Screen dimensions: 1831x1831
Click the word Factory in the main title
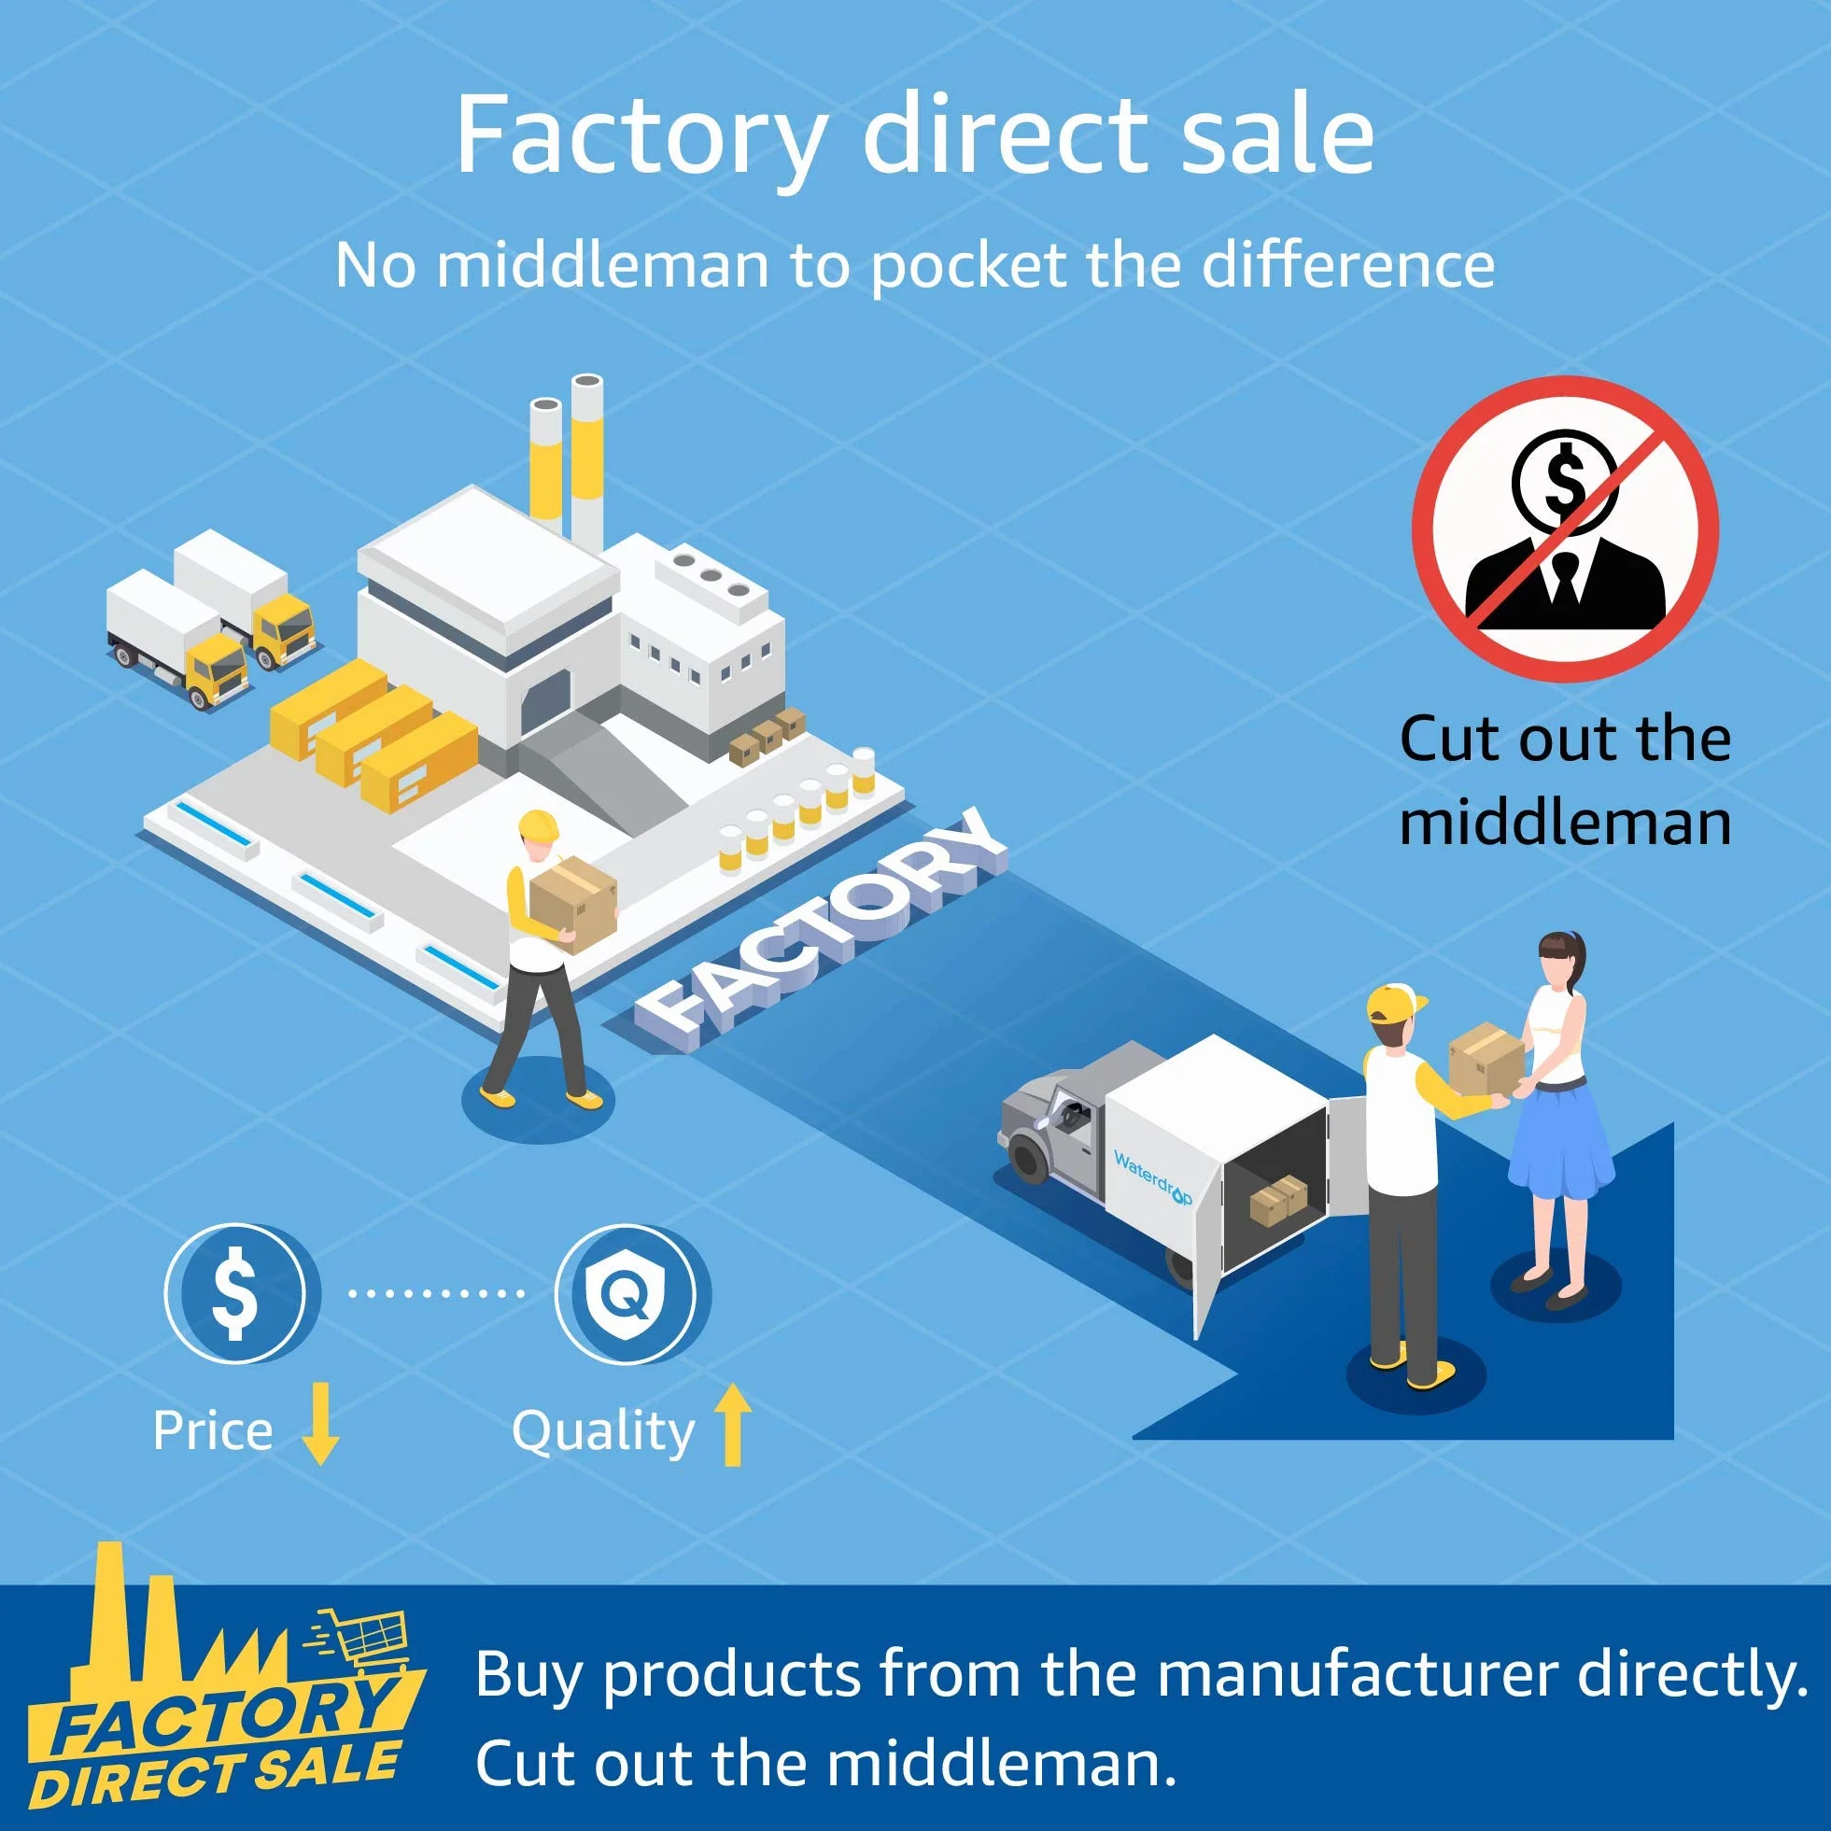641,135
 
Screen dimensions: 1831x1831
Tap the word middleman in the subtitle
602,265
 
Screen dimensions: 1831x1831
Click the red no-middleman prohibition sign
1565,528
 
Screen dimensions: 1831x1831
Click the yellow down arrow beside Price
320,1424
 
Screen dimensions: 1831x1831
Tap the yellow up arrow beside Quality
732,1424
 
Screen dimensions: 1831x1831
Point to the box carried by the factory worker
573,904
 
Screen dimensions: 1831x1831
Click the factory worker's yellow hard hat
539,825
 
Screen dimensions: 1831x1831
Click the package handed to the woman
1486,1057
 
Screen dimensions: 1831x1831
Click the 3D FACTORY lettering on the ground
821,934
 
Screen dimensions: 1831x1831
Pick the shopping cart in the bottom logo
363,1640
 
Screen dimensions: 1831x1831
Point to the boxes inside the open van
1278,1201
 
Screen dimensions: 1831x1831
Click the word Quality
604,1431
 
